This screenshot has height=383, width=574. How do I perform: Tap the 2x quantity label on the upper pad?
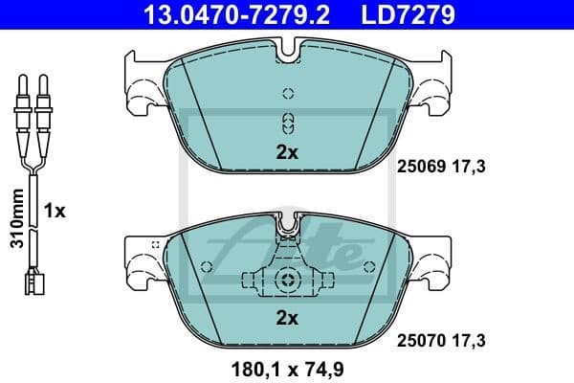(287, 151)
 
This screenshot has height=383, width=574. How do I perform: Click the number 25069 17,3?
(441, 167)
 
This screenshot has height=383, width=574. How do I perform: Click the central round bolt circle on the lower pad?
(287, 280)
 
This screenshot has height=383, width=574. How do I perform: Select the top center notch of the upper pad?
(287, 47)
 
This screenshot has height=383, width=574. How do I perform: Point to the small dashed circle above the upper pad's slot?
(287, 93)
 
